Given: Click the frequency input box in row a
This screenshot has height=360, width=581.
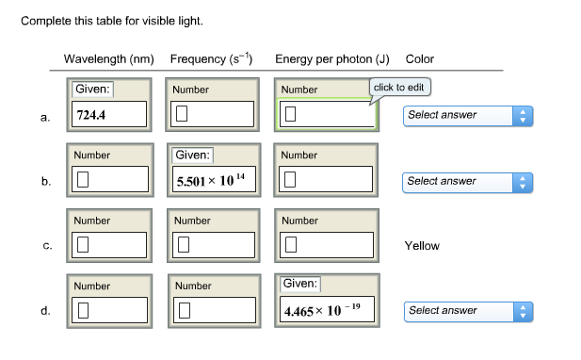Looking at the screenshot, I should pyautogui.click(x=212, y=115).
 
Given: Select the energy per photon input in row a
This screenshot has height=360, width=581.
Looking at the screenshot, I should pyautogui.click(x=325, y=115).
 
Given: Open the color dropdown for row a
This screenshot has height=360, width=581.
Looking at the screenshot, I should pyautogui.click(x=468, y=115).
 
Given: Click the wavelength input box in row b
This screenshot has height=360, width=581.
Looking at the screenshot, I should pyautogui.click(x=111, y=180).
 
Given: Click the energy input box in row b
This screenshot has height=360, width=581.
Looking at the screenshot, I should pyautogui.click(x=325, y=180).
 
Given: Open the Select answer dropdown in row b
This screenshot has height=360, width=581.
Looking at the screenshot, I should pyautogui.click(x=468, y=181).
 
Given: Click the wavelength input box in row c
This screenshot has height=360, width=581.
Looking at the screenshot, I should pyautogui.click(x=111, y=246).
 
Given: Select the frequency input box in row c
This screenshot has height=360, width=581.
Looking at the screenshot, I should pyautogui.click(x=212, y=246).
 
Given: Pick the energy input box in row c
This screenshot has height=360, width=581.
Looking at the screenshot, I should pyautogui.click(x=325, y=246).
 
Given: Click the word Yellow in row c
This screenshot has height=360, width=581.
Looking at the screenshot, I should pyautogui.click(x=422, y=246).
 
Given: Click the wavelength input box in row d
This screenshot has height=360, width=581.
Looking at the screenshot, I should pyautogui.click(x=111, y=310).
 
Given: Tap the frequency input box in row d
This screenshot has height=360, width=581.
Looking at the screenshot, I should pyautogui.click(x=212, y=310).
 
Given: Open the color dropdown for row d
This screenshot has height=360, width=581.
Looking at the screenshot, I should pyautogui.click(x=468, y=310).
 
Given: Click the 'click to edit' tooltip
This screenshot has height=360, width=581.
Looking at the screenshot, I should pyautogui.click(x=400, y=88).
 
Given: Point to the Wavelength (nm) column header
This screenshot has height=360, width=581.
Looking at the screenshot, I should pyautogui.click(x=108, y=59).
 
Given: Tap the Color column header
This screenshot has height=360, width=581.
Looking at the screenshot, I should pyautogui.click(x=419, y=59).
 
